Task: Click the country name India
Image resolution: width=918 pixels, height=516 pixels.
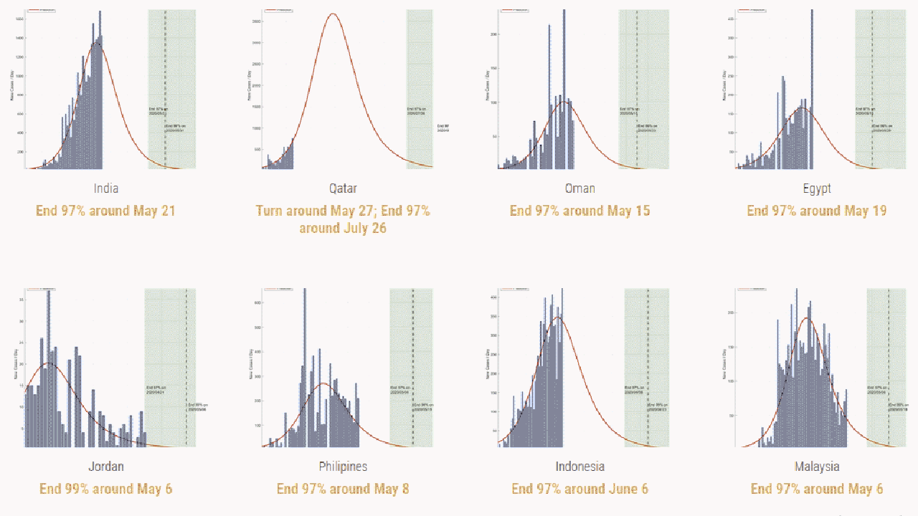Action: pos(106,188)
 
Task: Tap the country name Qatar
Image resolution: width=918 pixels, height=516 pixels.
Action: pos(343,188)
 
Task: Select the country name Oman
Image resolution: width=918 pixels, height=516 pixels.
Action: pos(579,188)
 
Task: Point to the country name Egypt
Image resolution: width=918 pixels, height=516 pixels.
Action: pos(817,188)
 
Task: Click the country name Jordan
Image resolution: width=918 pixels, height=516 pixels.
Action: pos(106,467)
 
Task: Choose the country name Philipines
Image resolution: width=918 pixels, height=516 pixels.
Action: pos(343,467)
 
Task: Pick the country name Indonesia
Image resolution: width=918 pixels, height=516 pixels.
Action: pos(579,467)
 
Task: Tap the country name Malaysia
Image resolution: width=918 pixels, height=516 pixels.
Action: pos(817,467)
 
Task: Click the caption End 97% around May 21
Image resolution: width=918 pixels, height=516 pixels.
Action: pos(106,211)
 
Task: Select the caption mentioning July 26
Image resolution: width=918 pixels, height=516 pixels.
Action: pos(343,219)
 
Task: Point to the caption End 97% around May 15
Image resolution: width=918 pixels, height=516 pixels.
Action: pos(579,211)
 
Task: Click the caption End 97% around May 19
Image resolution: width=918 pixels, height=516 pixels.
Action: pos(817,211)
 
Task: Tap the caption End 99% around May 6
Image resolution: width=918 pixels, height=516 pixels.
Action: pos(106,489)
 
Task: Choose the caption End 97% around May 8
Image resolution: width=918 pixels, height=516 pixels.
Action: pos(343,489)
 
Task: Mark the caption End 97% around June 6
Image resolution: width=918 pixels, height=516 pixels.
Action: pos(579,489)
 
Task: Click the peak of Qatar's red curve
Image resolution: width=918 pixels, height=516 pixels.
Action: pos(332,14)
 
